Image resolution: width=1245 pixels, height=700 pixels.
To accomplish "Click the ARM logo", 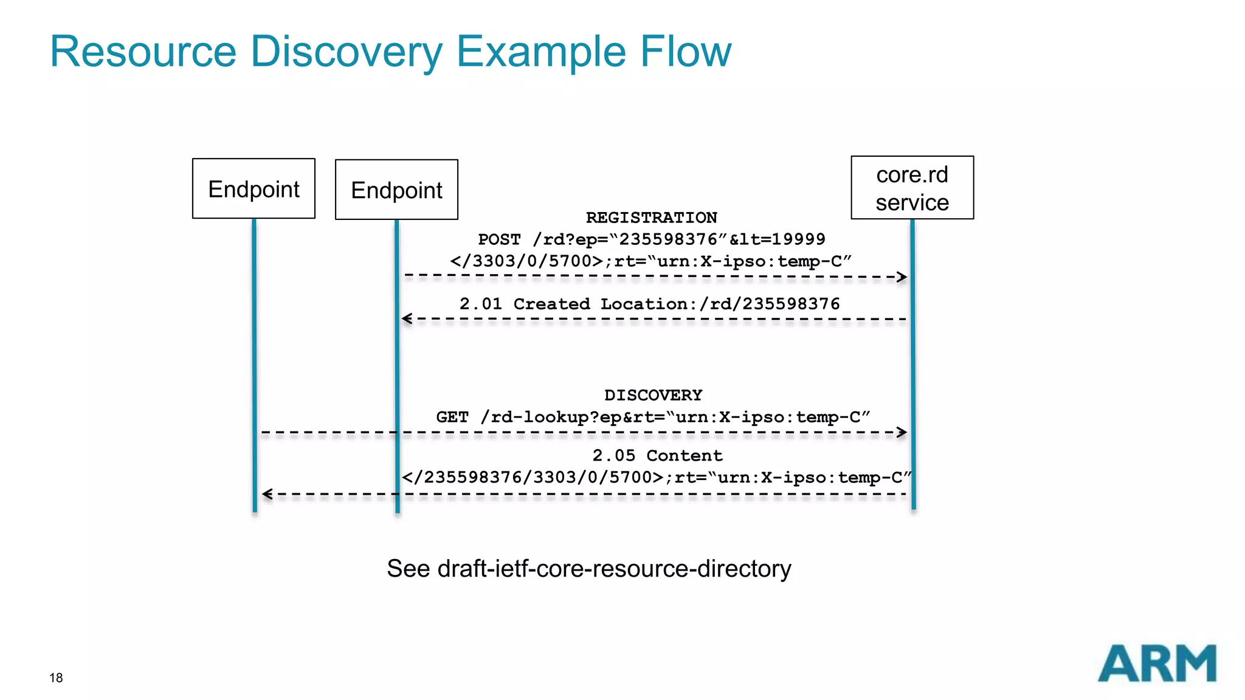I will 1156,664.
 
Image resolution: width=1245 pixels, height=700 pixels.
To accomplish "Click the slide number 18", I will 56,678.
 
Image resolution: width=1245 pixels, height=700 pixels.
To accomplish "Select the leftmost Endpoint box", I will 253,189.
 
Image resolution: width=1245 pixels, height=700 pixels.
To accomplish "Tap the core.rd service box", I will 912,188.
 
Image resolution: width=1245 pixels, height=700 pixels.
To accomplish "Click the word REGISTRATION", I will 651,218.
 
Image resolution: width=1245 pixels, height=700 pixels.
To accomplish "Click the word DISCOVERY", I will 653,395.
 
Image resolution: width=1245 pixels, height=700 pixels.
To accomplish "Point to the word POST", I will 499,239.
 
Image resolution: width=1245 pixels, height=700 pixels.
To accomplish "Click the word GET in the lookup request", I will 452,417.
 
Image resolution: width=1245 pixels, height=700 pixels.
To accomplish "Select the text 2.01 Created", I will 525,304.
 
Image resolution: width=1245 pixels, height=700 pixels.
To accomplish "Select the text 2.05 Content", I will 657,456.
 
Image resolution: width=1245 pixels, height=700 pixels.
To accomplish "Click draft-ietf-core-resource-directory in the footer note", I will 614,569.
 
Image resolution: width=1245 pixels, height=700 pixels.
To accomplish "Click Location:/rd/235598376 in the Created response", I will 720,304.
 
